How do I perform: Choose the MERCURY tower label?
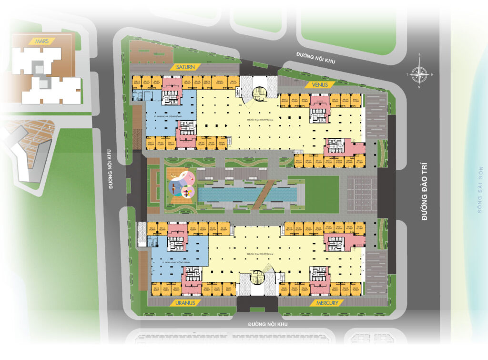coord(326,303)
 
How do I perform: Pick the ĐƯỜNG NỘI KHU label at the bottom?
coord(268,324)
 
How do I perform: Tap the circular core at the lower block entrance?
coord(257,277)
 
